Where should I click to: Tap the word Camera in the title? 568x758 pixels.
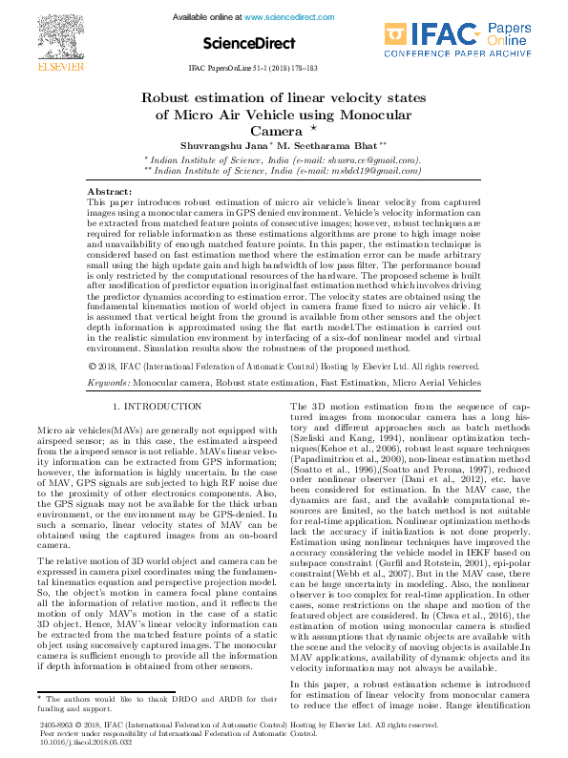click(x=275, y=131)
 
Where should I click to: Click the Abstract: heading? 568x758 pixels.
click(x=109, y=191)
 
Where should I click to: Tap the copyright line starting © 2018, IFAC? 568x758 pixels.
click(x=283, y=366)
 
